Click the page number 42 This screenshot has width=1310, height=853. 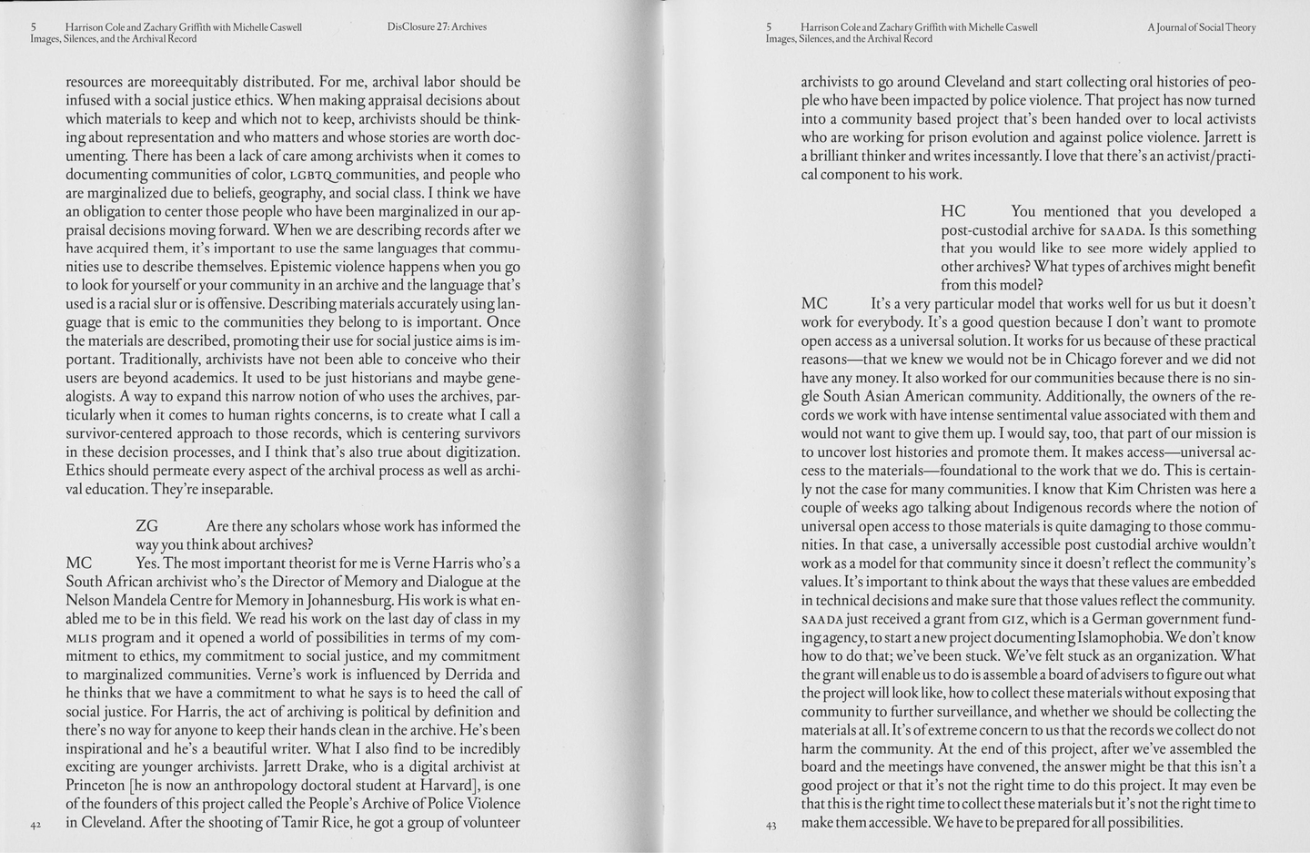35,825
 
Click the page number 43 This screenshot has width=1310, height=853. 771,826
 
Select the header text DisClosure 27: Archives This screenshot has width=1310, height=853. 437,27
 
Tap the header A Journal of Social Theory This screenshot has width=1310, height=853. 1201,27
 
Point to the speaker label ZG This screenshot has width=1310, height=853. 146,526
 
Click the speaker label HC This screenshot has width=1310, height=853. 952,211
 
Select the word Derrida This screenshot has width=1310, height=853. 474,675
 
